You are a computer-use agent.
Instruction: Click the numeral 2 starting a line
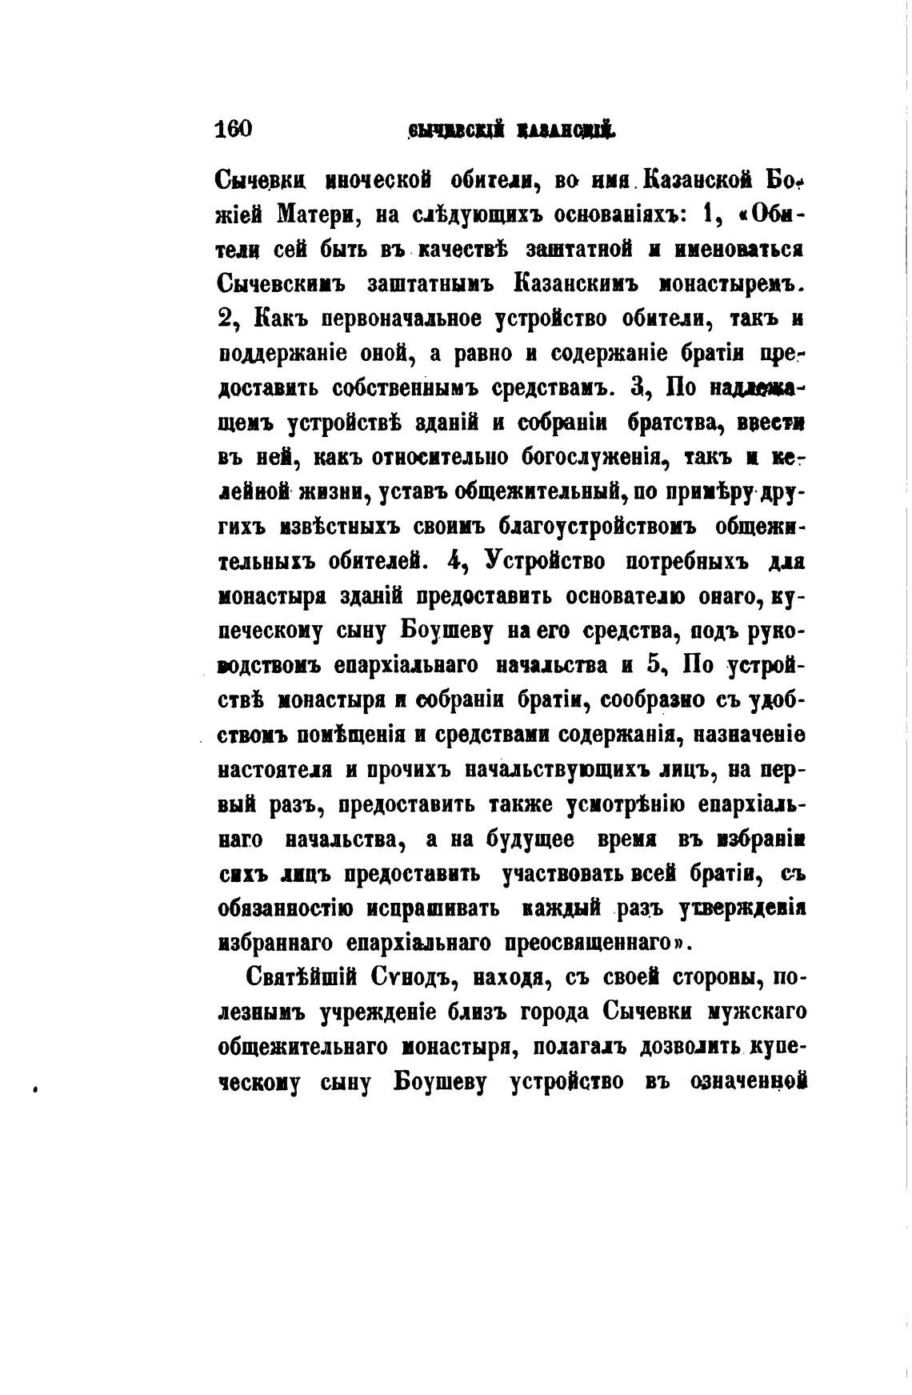(225, 319)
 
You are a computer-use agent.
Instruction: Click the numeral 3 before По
(638, 387)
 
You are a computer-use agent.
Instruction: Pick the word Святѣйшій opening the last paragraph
(300, 980)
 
